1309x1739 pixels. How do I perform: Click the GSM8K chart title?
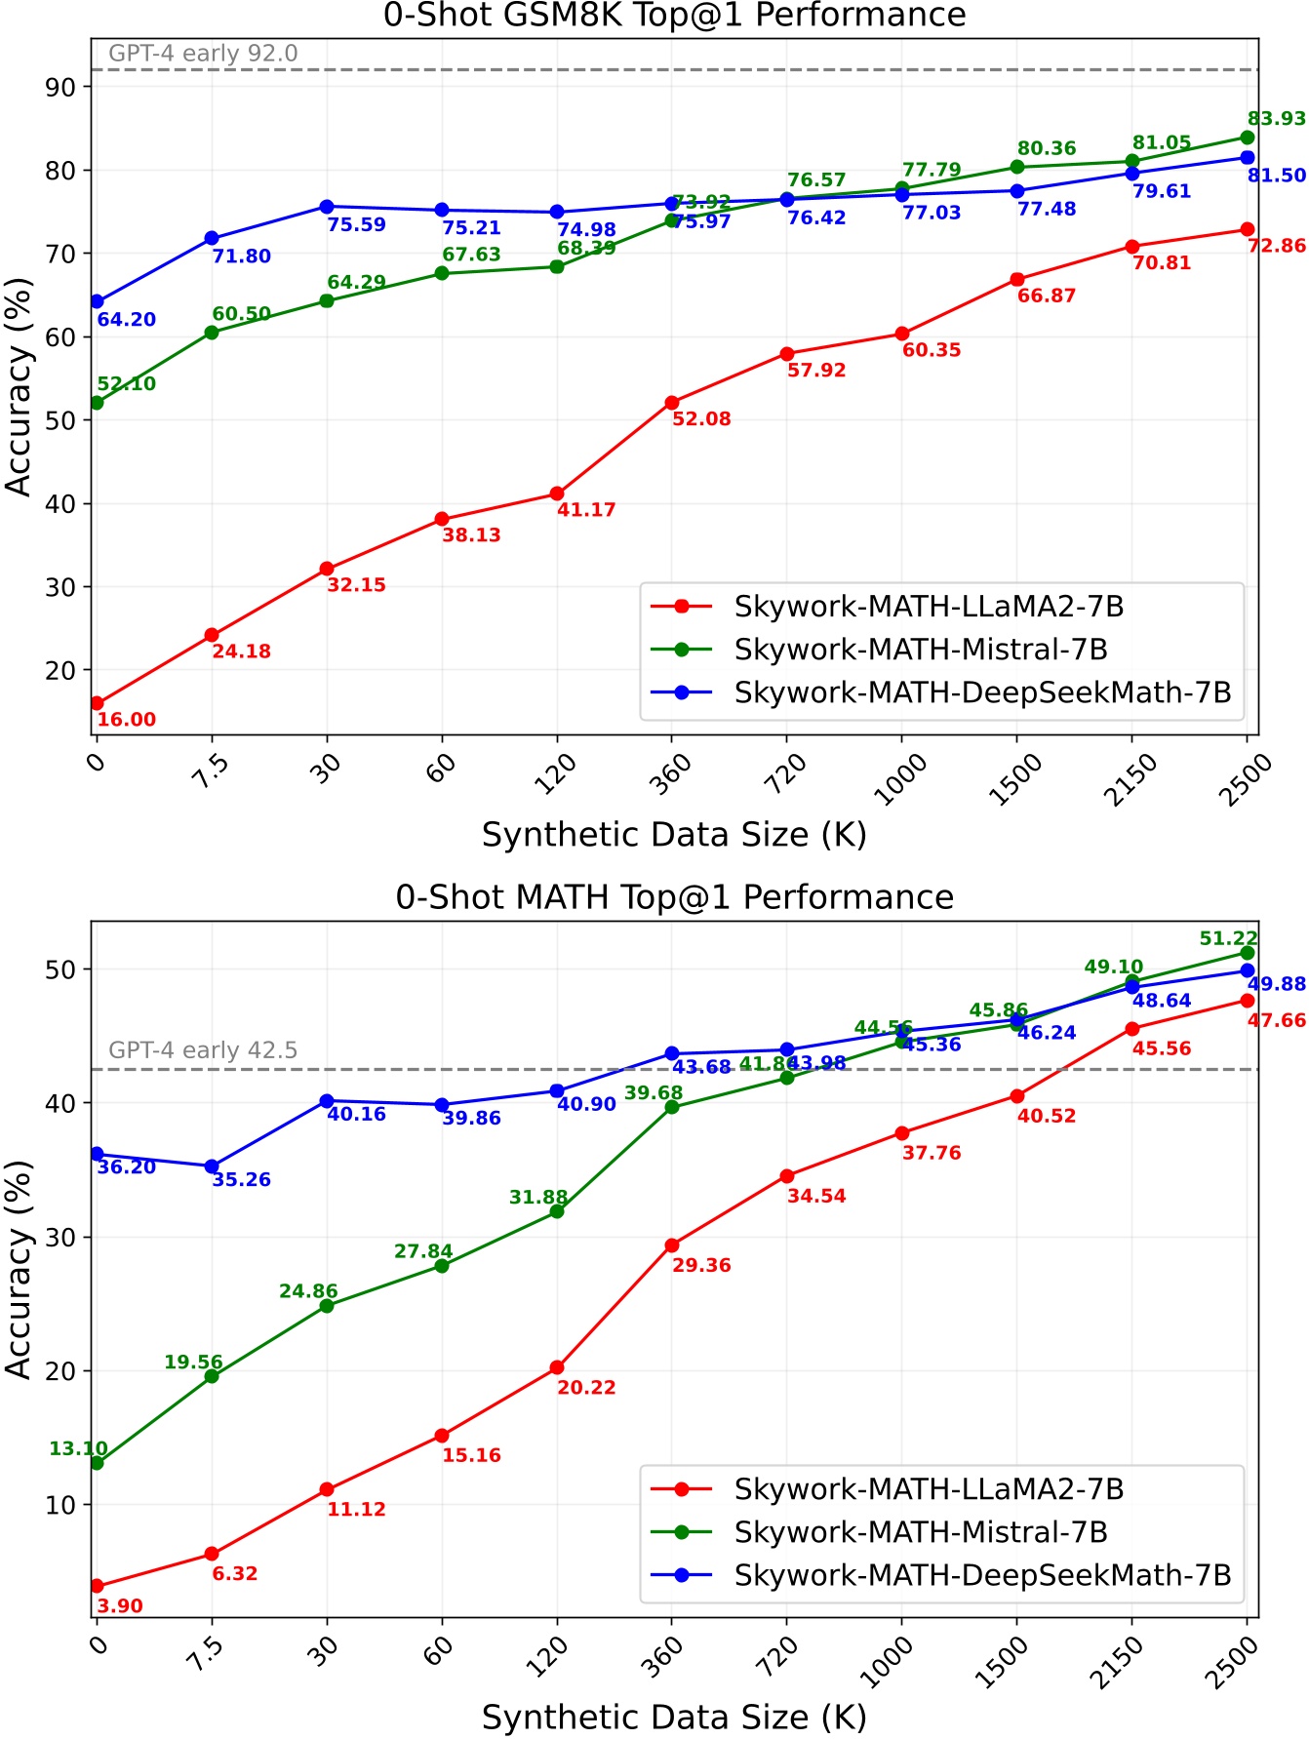(674, 16)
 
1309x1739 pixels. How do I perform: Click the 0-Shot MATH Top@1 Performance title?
(674, 897)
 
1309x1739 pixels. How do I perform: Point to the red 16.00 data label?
(127, 720)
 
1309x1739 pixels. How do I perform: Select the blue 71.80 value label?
(242, 257)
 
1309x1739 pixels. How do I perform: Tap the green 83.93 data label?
(1276, 119)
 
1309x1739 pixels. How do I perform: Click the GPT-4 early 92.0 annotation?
(203, 54)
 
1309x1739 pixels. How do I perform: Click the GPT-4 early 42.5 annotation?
(203, 1050)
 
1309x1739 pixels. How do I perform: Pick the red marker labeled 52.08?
(672, 403)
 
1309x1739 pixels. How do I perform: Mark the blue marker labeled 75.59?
(327, 207)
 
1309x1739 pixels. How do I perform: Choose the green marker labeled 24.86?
(327, 1306)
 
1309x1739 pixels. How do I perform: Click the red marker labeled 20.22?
(557, 1367)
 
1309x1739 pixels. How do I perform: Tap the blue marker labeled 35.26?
(212, 1166)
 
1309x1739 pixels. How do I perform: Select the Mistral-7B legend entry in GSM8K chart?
(921, 650)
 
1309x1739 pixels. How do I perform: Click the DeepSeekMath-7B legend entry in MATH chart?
(982, 1575)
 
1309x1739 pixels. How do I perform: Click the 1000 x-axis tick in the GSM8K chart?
(900, 779)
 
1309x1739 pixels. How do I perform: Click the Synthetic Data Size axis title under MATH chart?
(674, 1717)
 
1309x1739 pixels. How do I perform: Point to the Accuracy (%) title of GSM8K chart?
(20, 387)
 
